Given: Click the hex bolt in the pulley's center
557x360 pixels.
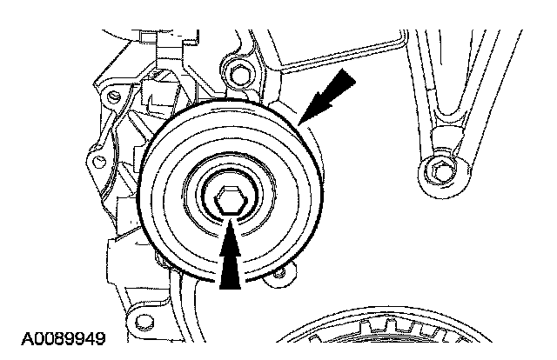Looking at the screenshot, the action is click(x=230, y=200).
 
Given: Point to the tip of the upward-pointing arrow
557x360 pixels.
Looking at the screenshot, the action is click(x=230, y=220).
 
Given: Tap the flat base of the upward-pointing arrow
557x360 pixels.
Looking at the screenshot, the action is click(x=230, y=289).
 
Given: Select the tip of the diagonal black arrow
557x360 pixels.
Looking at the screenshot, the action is click(x=299, y=125).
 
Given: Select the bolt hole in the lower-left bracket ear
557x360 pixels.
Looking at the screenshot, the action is click(x=144, y=321).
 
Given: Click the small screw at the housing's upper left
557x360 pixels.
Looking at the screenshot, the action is click(x=113, y=96).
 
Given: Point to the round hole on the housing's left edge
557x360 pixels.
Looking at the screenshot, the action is click(x=99, y=163).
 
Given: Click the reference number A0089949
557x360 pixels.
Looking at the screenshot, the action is click(x=64, y=339).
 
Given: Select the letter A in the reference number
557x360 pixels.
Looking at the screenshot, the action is click(x=27, y=339).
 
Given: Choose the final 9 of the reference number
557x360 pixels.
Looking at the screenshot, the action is click(x=100, y=339).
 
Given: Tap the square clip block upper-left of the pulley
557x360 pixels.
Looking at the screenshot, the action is click(x=158, y=91).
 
